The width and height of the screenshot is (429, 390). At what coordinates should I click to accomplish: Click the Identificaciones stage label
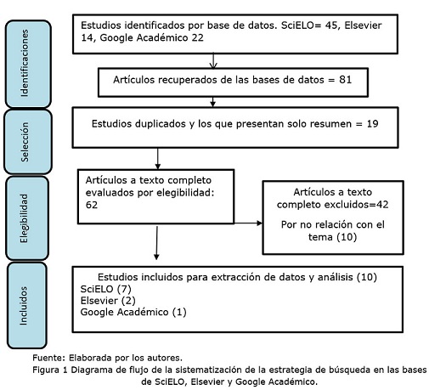pos(25,63)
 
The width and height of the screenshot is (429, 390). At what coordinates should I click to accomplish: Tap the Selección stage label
pos(25,142)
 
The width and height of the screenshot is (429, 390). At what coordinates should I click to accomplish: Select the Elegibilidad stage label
pos(25,218)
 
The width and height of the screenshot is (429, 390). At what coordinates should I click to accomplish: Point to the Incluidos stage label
pos(23,306)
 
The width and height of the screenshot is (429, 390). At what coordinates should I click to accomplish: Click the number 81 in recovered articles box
pos(346,80)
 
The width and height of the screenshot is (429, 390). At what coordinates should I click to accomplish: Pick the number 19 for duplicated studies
pos(372,124)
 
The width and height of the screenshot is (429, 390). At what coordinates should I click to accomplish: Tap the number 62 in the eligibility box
pos(92,205)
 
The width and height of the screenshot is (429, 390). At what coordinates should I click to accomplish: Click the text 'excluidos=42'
pos(356,205)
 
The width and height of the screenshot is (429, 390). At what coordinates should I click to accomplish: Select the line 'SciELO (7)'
pos(106,289)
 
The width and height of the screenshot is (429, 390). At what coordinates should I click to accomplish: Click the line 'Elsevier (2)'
pos(108,301)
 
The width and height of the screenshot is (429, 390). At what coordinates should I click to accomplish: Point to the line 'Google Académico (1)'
pos(133,312)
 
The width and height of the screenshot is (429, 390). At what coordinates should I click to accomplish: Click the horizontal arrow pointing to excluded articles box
pos(248,223)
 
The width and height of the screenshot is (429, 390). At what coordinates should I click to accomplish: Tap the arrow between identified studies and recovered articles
pos(213,61)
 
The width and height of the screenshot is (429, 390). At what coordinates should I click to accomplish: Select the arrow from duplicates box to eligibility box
pos(158,159)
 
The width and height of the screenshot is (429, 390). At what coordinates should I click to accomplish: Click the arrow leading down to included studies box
pos(156,243)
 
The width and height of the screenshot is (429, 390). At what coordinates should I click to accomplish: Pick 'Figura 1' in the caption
pos(50,370)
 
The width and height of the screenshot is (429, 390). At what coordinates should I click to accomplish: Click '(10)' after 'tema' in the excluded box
pos(347,237)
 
